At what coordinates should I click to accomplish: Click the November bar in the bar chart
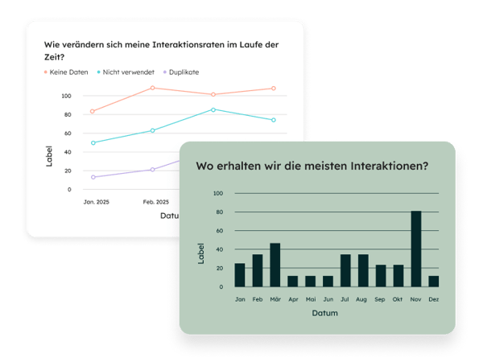pos(416,249)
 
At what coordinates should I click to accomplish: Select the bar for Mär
pos(275,265)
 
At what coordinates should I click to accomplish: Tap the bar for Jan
pos(240,275)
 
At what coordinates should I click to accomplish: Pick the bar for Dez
pos(434,282)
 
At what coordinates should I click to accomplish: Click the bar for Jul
pos(345,271)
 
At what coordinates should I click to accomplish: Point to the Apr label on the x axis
pos(292,298)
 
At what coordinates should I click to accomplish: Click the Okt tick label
pos(398,298)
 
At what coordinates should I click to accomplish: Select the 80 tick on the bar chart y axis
pos(217,212)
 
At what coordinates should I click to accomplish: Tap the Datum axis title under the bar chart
pos(325,313)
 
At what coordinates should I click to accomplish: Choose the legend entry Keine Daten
pos(67,72)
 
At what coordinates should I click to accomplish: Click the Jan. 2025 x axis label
pos(96,202)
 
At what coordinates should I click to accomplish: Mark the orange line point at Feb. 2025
pos(152,88)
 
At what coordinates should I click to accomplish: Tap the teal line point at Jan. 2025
pos(93,143)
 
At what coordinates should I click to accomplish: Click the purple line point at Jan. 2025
pos(93,177)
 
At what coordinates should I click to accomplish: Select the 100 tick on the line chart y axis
pos(66,96)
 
